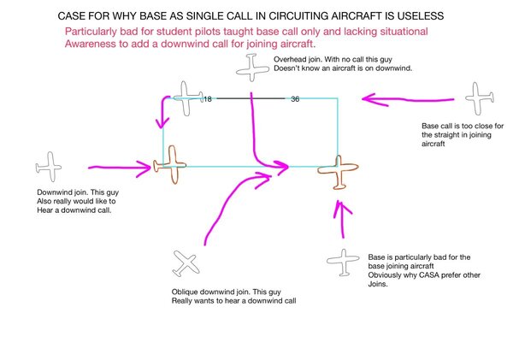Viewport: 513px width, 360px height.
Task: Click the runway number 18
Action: click(207, 99)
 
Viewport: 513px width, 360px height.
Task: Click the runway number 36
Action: click(296, 99)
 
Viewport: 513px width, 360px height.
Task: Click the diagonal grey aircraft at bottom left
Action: click(186, 263)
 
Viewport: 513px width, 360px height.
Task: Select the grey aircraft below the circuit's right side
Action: click(343, 263)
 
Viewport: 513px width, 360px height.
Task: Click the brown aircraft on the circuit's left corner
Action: click(171, 164)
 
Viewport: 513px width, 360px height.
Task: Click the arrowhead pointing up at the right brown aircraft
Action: click(343, 205)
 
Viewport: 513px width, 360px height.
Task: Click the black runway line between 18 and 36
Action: click(251, 99)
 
